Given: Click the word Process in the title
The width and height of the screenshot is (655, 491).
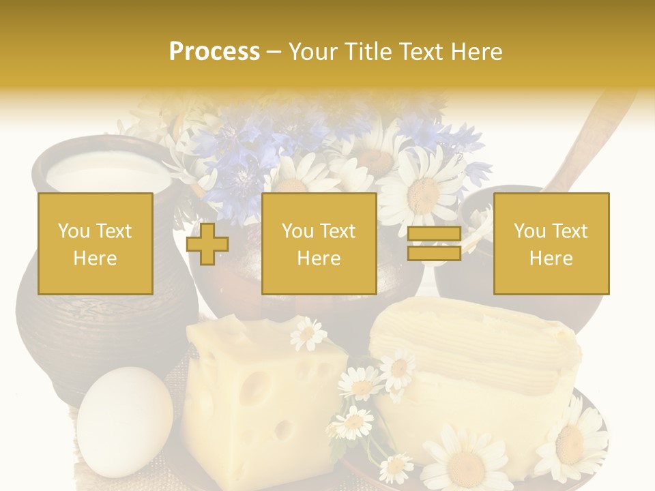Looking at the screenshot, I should pyautogui.click(x=214, y=52).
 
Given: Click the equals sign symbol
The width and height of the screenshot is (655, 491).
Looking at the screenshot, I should pyautogui.click(x=434, y=243).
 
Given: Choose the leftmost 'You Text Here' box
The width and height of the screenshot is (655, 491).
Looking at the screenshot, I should pyautogui.click(x=95, y=243).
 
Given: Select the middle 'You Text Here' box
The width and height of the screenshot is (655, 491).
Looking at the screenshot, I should pyautogui.click(x=319, y=243).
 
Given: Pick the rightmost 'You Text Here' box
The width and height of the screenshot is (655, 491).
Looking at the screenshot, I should pyautogui.click(x=551, y=243).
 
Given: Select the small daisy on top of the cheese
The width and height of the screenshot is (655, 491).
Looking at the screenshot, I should pyautogui.click(x=308, y=333).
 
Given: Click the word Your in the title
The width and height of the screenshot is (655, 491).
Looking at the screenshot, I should pyautogui.click(x=314, y=52).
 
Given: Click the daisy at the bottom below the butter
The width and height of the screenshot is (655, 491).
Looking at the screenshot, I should pyautogui.click(x=464, y=460).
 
